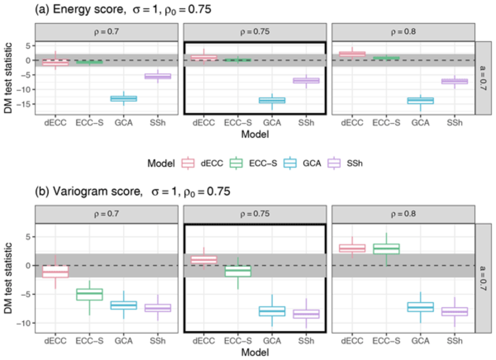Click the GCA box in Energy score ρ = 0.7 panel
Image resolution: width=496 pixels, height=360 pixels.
pyautogui.click(x=124, y=98)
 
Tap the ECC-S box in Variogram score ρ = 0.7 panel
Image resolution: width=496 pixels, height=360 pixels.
pyautogui.click(x=89, y=294)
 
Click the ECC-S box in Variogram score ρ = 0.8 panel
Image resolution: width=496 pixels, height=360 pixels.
pyautogui.click(x=386, y=249)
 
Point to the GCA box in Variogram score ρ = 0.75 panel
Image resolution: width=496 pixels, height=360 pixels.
pyautogui.click(x=272, y=311)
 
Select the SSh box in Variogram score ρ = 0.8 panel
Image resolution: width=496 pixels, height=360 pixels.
pyautogui.click(x=454, y=312)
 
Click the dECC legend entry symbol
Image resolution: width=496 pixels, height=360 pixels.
pyautogui.click(x=188, y=163)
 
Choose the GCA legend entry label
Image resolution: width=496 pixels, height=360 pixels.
pyautogui.click(x=311, y=163)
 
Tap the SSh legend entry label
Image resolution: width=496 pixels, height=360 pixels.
pyautogui.click(x=354, y=163)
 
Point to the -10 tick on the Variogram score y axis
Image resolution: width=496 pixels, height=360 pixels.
pyautogui.click(x=25, y=323)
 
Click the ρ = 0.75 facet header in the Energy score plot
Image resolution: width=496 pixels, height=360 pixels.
pyautogui.click(x=254, y=32)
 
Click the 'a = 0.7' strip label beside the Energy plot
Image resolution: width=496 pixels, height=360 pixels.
pyautogui.click(x=483, y=78)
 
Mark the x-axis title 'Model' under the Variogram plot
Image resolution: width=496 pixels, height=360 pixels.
pyautogui.click(x=254, y=352)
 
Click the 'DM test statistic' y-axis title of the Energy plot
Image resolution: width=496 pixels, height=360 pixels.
pyautogui.click(x=8, y=78)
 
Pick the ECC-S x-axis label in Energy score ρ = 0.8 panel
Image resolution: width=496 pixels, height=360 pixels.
pyautogui.click(x=386, y=123)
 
